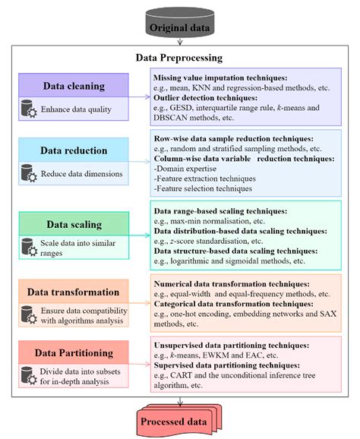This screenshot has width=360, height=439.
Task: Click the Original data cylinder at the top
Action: [x=179, y=24]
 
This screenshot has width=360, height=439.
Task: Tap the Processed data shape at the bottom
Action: [x=179, y=420]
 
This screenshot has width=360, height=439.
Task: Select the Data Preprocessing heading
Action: [x=179, y=57]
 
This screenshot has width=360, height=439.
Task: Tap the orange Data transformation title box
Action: [x=75, y=292]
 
